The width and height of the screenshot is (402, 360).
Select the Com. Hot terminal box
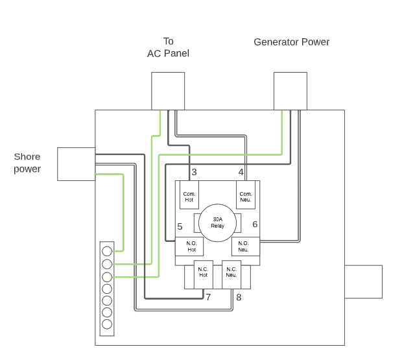(189, 197)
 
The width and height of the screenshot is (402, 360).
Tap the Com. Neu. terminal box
(246, 197)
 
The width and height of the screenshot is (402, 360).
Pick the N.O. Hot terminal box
(190, 246)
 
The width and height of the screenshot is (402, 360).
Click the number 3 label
(194, 173)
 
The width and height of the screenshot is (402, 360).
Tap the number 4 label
(241, 173)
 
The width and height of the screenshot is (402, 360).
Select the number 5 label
(180, 226)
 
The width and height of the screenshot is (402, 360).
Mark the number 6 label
(255, 224)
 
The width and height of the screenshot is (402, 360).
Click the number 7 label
(208, 297)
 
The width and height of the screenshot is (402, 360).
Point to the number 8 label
(239, 297)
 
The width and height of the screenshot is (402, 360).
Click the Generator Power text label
(291, 42)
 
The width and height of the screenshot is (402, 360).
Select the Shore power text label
(27, 163)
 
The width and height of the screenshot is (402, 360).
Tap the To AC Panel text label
(168, 47)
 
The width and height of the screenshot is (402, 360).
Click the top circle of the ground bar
(107, 251)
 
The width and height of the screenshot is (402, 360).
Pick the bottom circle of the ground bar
(107, 324)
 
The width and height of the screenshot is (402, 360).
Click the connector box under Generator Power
(290, 91)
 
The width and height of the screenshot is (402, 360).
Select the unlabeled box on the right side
(363, 282)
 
